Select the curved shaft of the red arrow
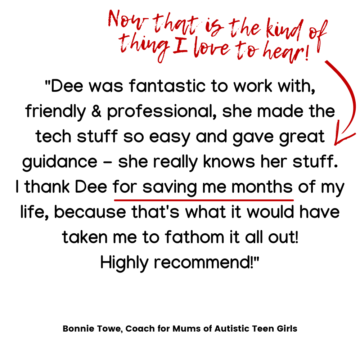click(x=351, y=94)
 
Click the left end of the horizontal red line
click(x=115, y=200)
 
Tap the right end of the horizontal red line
click(x=293, y=200)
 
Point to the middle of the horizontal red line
click(x=204, y=200)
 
